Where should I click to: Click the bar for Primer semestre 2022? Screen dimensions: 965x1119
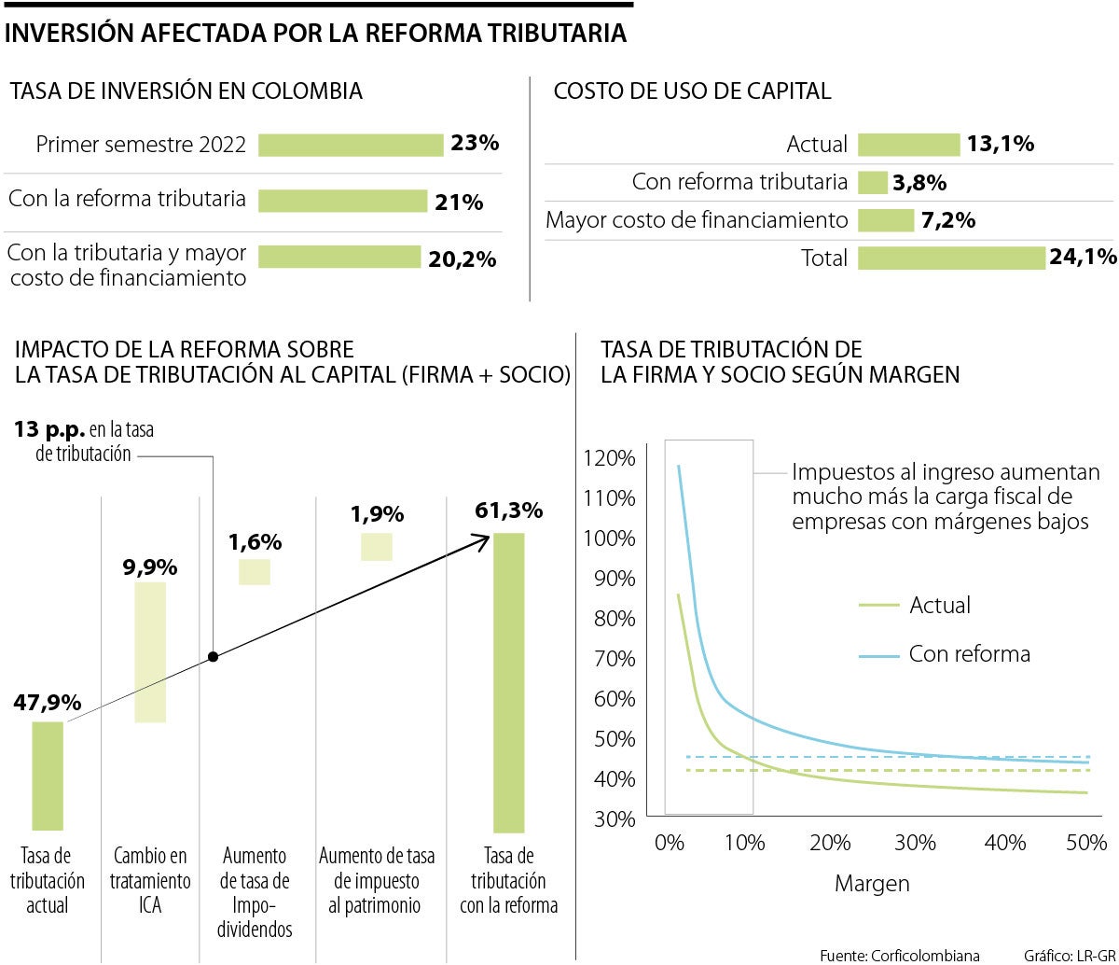(350, 145)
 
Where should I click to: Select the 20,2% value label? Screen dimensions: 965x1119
(462, 260)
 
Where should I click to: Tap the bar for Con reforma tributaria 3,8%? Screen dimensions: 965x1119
(872, 182)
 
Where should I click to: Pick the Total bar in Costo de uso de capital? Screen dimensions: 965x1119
(951, 258)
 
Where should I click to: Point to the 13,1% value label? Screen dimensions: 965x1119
(1002, 144)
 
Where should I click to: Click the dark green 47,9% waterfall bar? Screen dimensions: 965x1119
(48, 776)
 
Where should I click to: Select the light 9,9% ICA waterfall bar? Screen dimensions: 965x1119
(150, 651)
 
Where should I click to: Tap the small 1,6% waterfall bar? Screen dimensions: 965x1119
(255, 571)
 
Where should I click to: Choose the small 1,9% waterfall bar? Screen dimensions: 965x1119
(377, 546)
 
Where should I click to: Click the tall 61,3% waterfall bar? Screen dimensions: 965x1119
(509, 682)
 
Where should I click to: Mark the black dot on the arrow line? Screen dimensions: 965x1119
(213, 657)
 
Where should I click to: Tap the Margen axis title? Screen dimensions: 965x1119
(872, 883)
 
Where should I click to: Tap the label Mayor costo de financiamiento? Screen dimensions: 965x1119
(697, 220)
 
